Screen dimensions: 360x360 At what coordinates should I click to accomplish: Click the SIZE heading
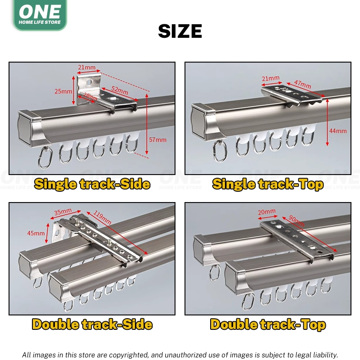tap(180, 31)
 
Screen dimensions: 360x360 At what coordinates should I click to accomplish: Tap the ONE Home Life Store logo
tap(40, 14)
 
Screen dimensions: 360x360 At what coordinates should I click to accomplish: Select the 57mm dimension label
tap(157, 139)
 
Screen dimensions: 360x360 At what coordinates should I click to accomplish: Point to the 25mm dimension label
tap(63, 91)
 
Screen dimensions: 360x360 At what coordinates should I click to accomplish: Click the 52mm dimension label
tap(120, 90)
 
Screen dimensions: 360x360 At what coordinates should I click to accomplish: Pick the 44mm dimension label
tap(338, 131)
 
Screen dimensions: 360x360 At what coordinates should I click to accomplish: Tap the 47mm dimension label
tap(302, 84)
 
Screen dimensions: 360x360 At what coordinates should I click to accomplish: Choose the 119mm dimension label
tap(103, 218)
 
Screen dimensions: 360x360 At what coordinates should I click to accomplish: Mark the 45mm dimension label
tap(36, 233)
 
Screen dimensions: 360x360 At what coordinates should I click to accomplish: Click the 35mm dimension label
tap(63, 211)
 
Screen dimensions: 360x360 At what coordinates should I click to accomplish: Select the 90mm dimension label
tap(297, 221)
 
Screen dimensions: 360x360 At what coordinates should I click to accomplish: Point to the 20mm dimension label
tap(266, 211)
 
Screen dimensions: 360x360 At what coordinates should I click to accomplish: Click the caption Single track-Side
tap(92, 184)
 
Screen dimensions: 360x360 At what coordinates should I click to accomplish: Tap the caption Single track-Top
tap(268, 184)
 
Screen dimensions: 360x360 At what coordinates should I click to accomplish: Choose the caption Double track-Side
tap(92, 324)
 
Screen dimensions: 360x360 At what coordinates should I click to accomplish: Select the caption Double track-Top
tap(268, 324)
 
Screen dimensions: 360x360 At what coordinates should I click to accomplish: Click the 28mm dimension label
tap(90, 97)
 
